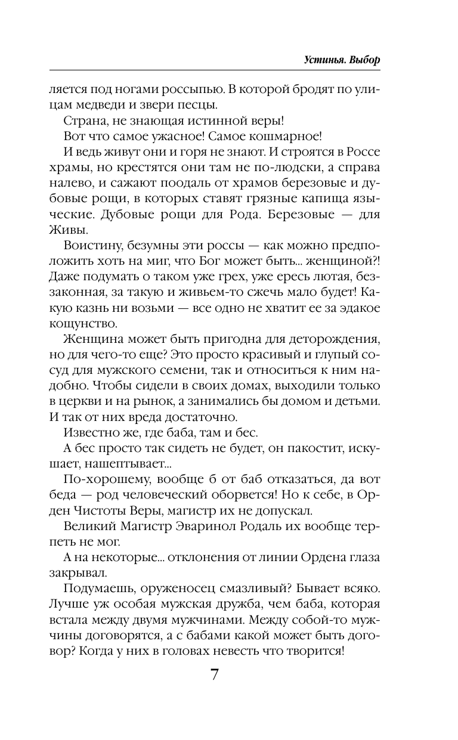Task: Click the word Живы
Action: pyautogui.click(x=63, y=230)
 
